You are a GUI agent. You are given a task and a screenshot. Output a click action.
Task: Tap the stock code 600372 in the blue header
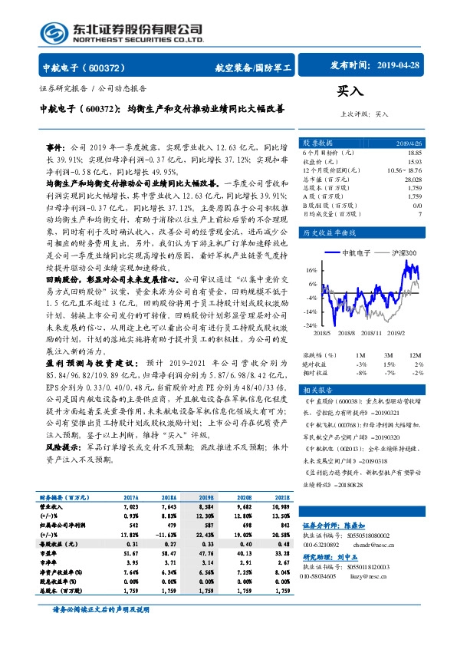coord(112,68)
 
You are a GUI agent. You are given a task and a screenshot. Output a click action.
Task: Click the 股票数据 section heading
coord(317,143)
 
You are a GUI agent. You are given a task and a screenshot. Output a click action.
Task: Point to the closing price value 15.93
coord(415,161)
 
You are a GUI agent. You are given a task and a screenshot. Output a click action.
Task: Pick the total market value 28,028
coord(413,179)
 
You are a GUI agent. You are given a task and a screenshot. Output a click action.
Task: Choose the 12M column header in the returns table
coord(415,354)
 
